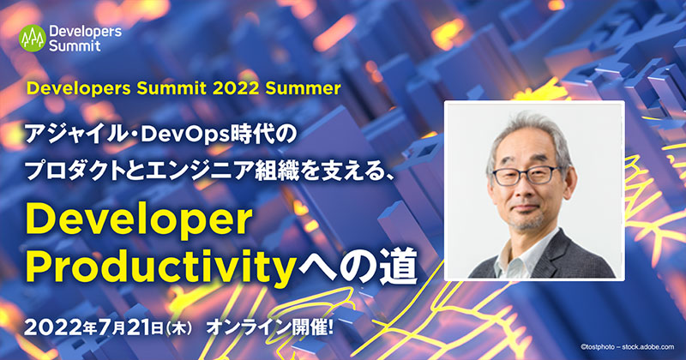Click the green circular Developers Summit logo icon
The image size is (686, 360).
33,39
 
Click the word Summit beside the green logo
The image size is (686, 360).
75,45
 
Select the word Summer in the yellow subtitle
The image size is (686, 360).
303,88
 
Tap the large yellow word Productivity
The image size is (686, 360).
159,267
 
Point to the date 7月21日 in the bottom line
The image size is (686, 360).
130,327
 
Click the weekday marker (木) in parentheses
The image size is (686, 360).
178,328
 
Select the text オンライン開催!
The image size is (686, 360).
269,327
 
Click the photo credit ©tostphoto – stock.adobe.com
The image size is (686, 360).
628,347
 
